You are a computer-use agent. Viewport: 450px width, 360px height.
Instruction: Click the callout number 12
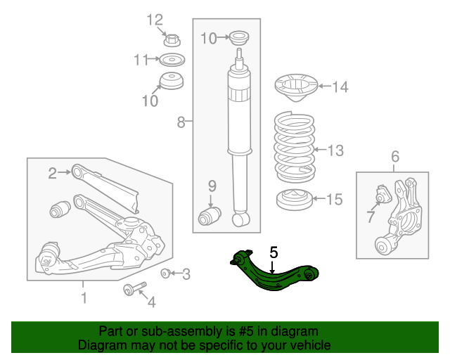154,19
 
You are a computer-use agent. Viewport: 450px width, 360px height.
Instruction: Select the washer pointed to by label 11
171,59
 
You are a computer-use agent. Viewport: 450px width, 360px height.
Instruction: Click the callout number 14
340,87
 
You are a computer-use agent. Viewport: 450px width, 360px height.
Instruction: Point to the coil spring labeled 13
294,146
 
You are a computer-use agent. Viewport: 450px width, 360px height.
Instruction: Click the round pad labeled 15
294,200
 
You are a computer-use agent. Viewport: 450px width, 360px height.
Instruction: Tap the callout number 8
181,123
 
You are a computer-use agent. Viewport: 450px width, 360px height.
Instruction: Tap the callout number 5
274,250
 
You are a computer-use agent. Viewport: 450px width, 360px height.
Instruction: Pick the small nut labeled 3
166,274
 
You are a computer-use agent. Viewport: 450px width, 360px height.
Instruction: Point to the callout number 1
84,298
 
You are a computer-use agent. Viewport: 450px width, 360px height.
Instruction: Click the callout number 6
394,156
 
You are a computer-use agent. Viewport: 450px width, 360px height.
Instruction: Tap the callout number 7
371,217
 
